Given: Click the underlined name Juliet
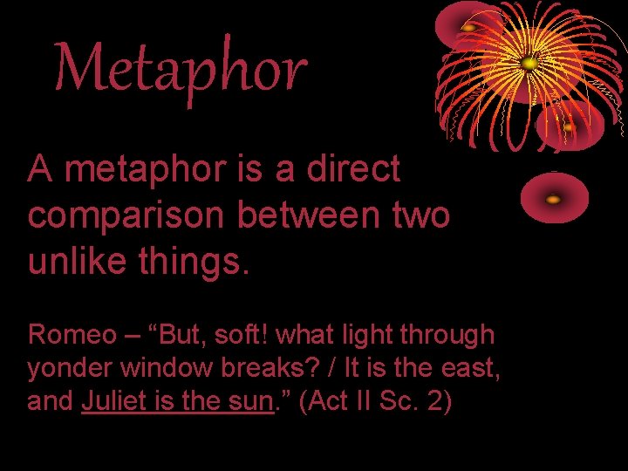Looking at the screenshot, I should (110, 402).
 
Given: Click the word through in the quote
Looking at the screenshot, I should (445, 334).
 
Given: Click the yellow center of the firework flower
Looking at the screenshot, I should (528, 63).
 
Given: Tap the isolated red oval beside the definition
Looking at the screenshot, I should (554, 198).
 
